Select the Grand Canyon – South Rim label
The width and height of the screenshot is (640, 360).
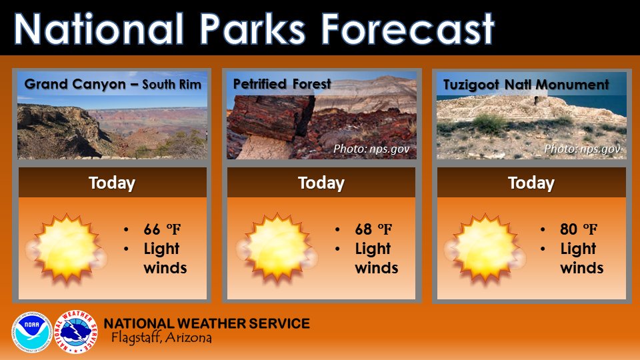113,85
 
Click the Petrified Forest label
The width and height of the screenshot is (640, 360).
282,84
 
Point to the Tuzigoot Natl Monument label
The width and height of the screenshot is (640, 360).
526,85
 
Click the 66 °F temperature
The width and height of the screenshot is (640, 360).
162,230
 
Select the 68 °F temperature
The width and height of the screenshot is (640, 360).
373,230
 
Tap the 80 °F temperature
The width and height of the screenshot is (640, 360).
579,230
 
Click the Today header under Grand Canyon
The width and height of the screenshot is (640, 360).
112,183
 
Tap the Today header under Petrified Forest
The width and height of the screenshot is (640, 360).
321,183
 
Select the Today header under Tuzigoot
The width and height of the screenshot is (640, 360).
531,183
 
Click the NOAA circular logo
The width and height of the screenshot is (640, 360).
31,331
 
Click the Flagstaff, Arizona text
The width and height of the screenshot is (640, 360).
161,338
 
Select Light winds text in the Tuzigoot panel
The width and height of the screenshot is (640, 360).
581,259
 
